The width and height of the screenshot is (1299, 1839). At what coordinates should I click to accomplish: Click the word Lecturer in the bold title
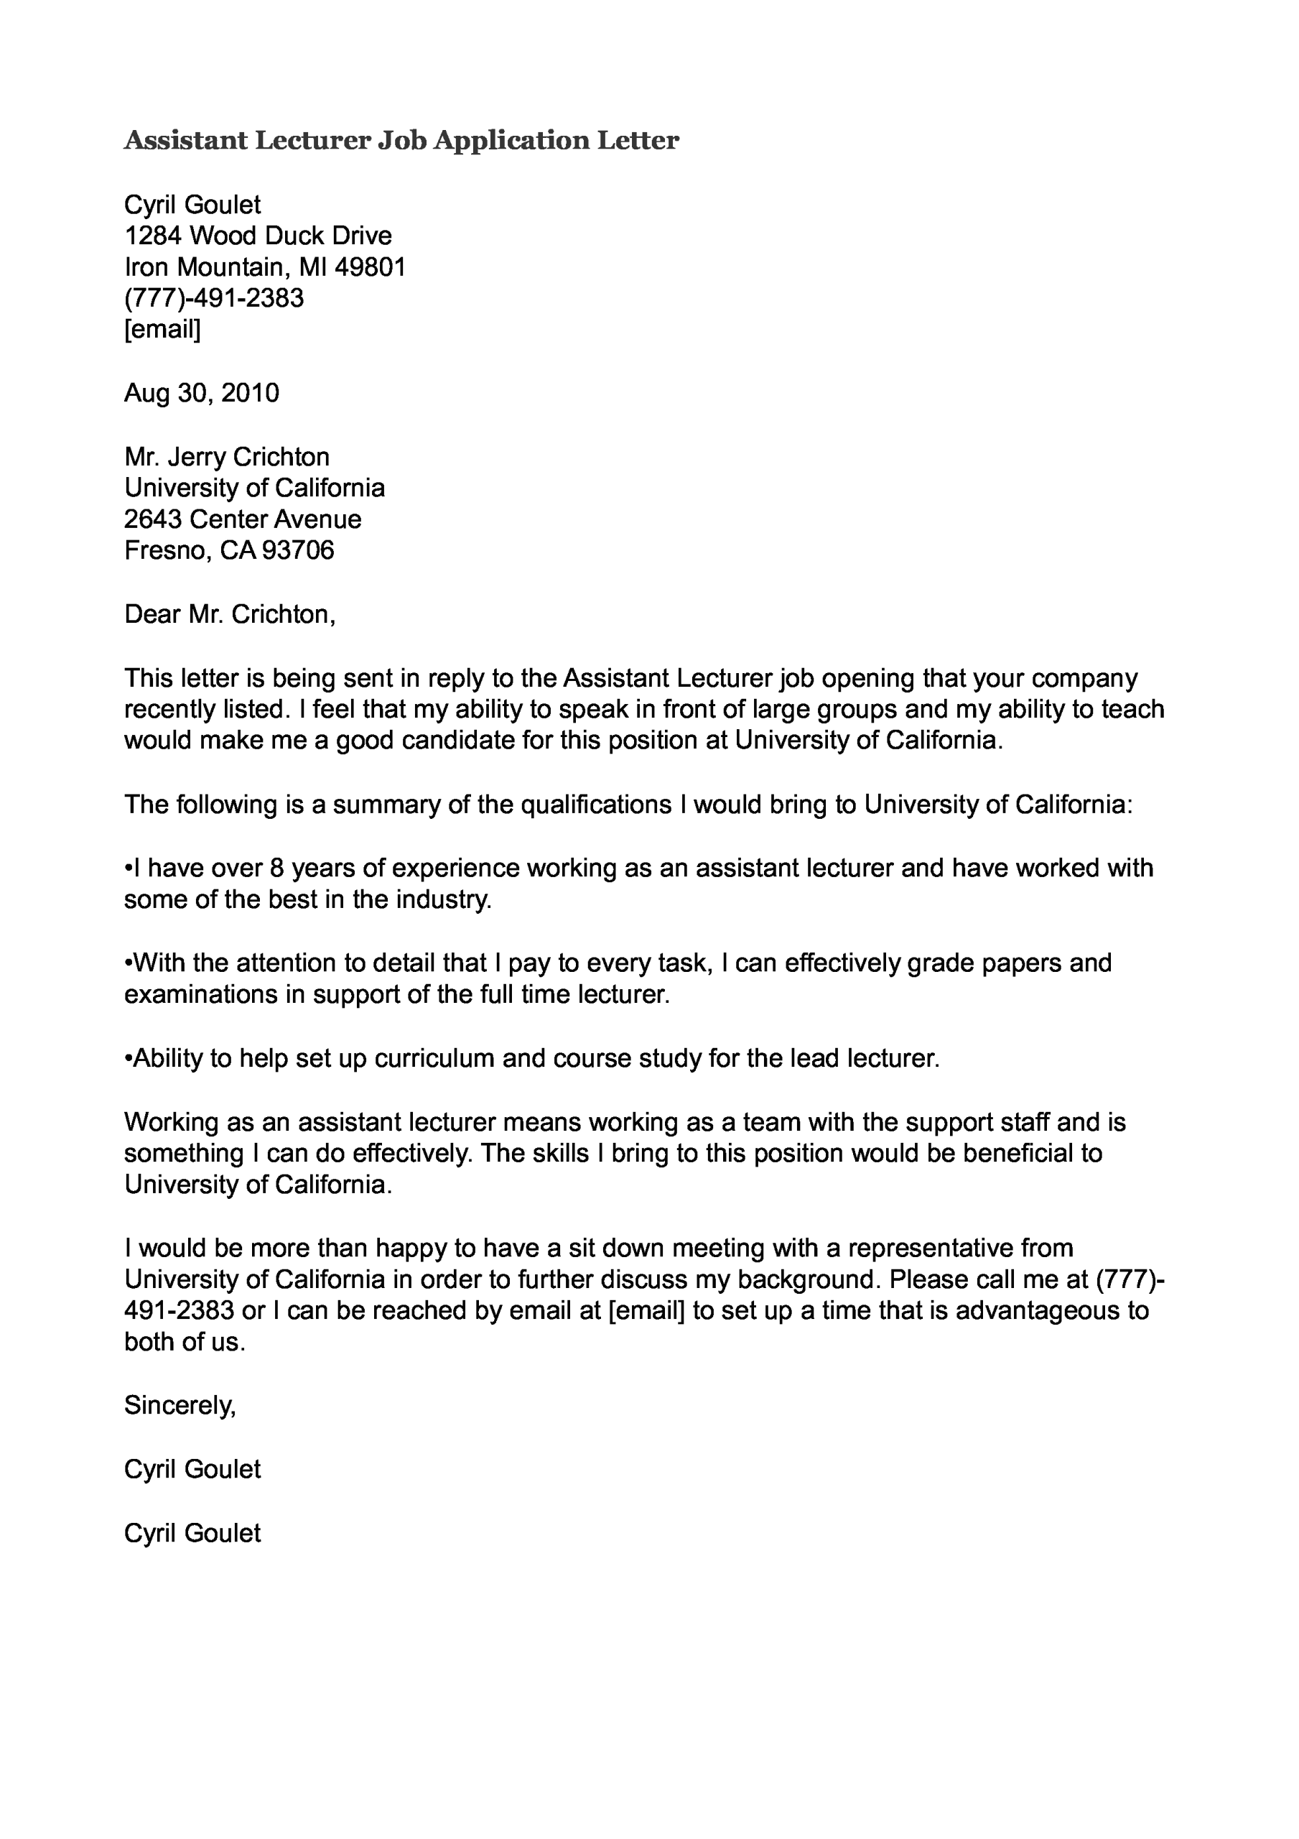(x=313, y=141)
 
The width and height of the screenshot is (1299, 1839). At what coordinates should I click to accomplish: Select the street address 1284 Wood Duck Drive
(x=258, y=236)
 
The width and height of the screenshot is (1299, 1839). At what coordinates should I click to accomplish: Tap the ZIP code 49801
(x=370, y=267)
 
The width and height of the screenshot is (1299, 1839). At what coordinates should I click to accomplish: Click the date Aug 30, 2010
(x=201, y=392)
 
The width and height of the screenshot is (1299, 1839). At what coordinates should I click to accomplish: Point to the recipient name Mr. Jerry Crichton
(x=227, y=457)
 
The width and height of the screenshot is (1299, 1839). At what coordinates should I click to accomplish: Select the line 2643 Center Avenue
(x=243, y=519)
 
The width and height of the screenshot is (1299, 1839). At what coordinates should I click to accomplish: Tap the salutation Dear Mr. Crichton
(x=229, y=614)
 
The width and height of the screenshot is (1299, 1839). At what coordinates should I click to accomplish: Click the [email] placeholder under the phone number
(x=162, y=329)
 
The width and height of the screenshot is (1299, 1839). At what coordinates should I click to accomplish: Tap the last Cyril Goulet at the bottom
(x=192, y=1532)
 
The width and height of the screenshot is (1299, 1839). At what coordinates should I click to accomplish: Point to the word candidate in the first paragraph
(x=457, y=740)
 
